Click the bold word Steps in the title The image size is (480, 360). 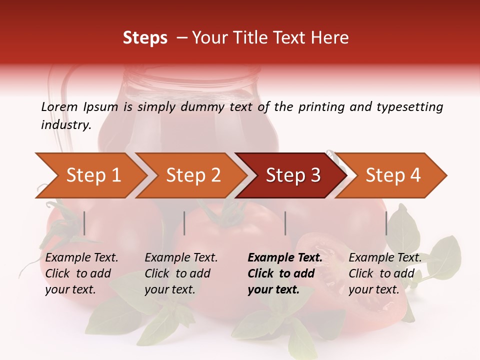point(145,38)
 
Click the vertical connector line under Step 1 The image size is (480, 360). point(84,223)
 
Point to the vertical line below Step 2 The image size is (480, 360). point(184,223)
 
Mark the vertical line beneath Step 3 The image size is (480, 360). point(285,223)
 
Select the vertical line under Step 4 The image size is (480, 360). point(386,223)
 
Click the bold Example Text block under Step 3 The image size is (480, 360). point(285,273)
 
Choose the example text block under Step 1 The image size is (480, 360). point(81,273)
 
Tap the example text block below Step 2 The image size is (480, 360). point(181,273)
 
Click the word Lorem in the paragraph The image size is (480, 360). point(59,107)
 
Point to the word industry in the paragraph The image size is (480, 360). point(66,125)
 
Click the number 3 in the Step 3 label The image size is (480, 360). point(315,175)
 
